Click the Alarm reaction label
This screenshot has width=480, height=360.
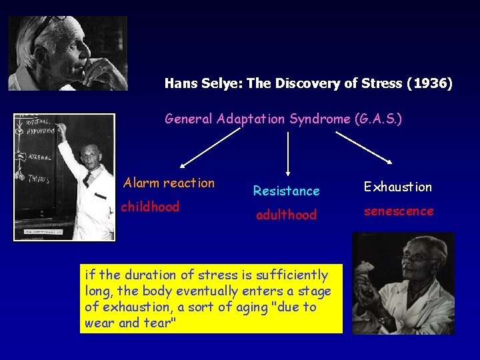click(169, 183)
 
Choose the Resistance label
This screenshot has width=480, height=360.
click(287, 191)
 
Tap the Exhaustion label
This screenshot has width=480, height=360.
click(398, 187)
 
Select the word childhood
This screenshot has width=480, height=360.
click(151, 207)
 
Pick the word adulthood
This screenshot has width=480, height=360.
click(287, 215)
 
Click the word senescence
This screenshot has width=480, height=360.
click(399, 211)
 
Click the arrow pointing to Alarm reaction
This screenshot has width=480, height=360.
click(209, 147)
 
